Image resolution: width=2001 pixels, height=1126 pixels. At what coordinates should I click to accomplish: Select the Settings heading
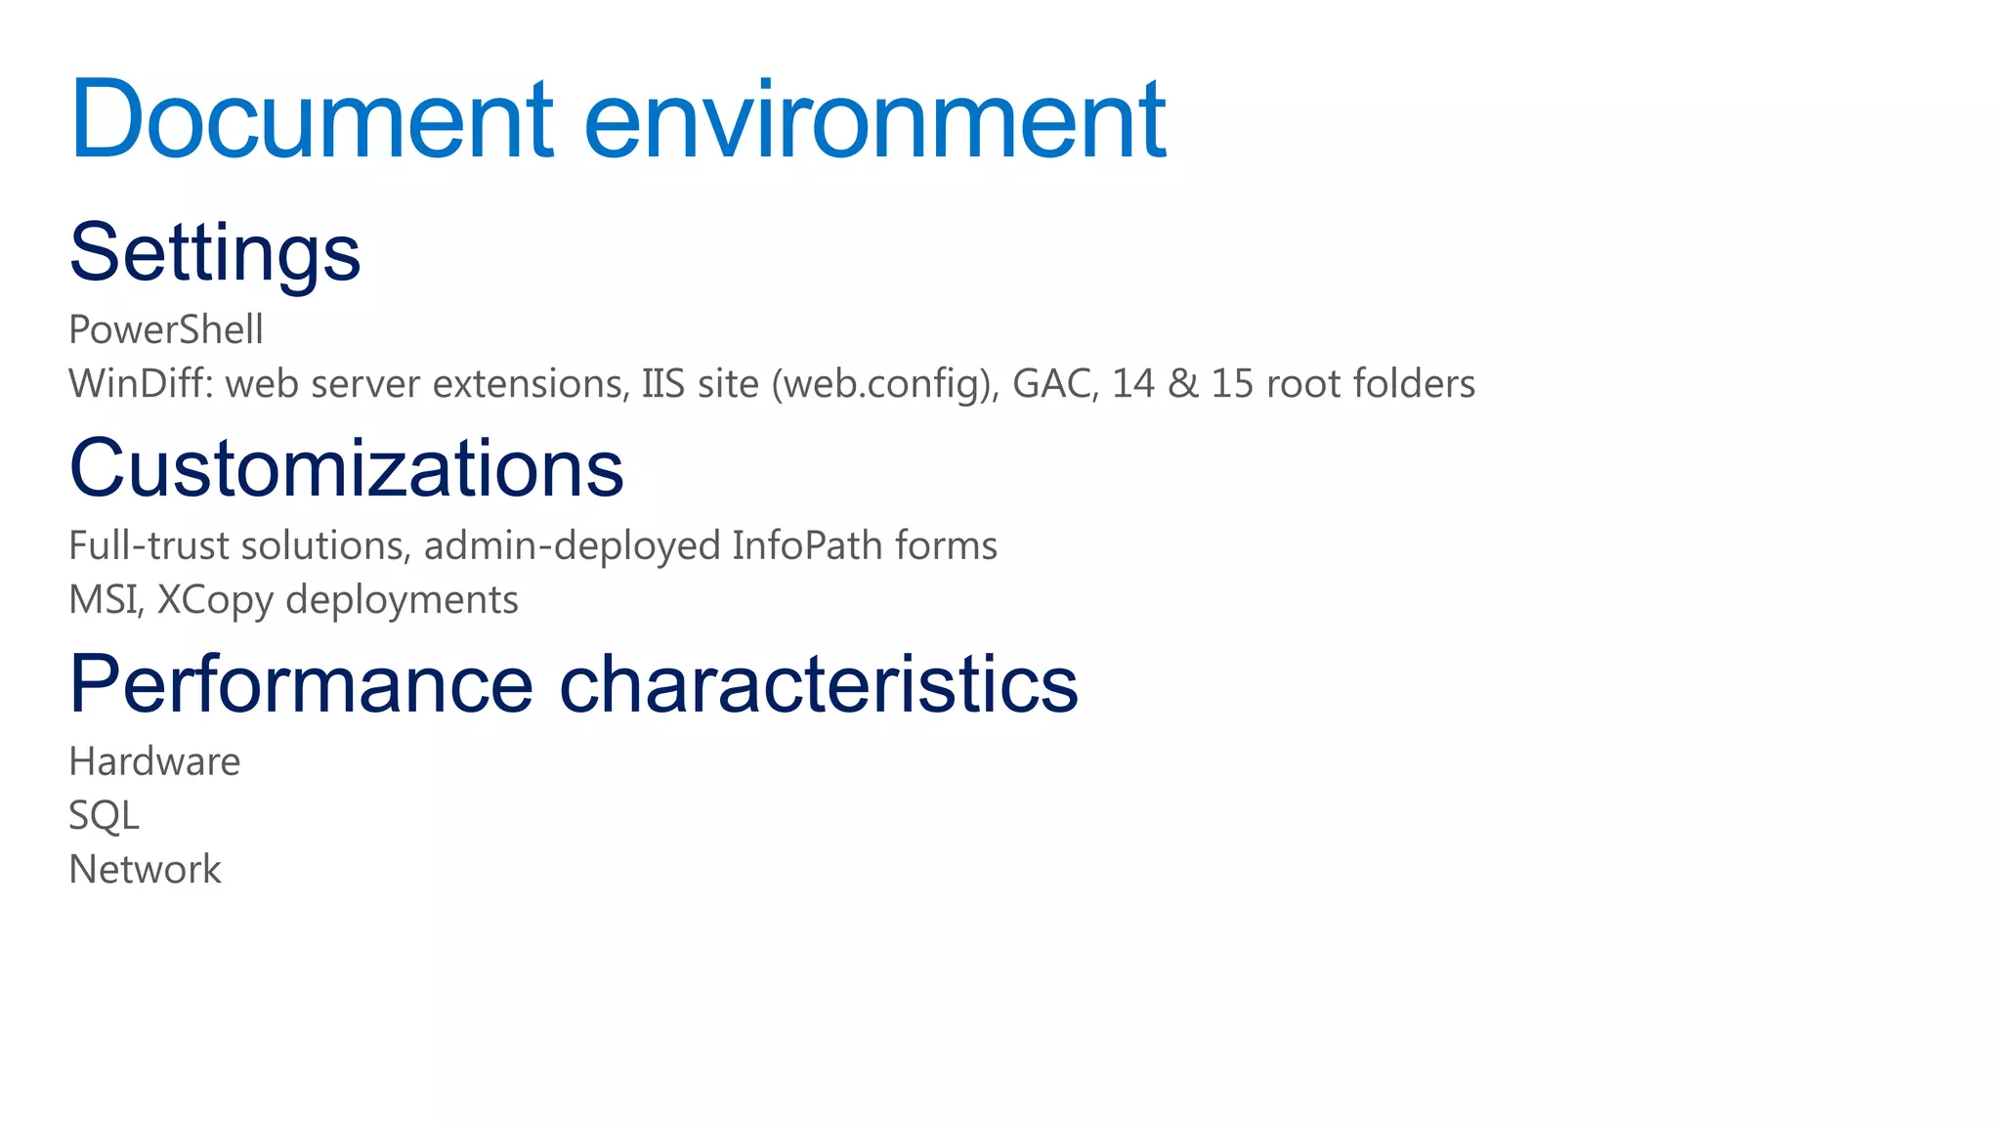coord(215,252)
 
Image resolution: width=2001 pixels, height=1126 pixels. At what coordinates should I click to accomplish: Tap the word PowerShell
coord(166,330)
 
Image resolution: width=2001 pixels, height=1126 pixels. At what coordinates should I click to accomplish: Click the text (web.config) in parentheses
coord(884,384)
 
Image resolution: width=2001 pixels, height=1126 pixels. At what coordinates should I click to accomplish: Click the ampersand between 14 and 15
coord(1182,384)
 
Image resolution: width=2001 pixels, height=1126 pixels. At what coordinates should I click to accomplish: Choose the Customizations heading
coord(346,468)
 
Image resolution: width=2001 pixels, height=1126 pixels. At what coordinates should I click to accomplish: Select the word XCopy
coord(215,600)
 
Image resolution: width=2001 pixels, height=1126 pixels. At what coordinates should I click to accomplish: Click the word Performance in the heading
coord(301,684)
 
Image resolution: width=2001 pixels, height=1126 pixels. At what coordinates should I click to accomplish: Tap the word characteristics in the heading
coord(819,684)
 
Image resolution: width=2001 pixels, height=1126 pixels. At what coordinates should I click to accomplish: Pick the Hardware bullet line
coord(154,761)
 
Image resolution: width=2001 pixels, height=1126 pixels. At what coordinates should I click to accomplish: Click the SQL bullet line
coord(104,815)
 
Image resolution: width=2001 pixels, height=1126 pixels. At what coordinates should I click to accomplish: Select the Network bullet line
coord(145,870)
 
